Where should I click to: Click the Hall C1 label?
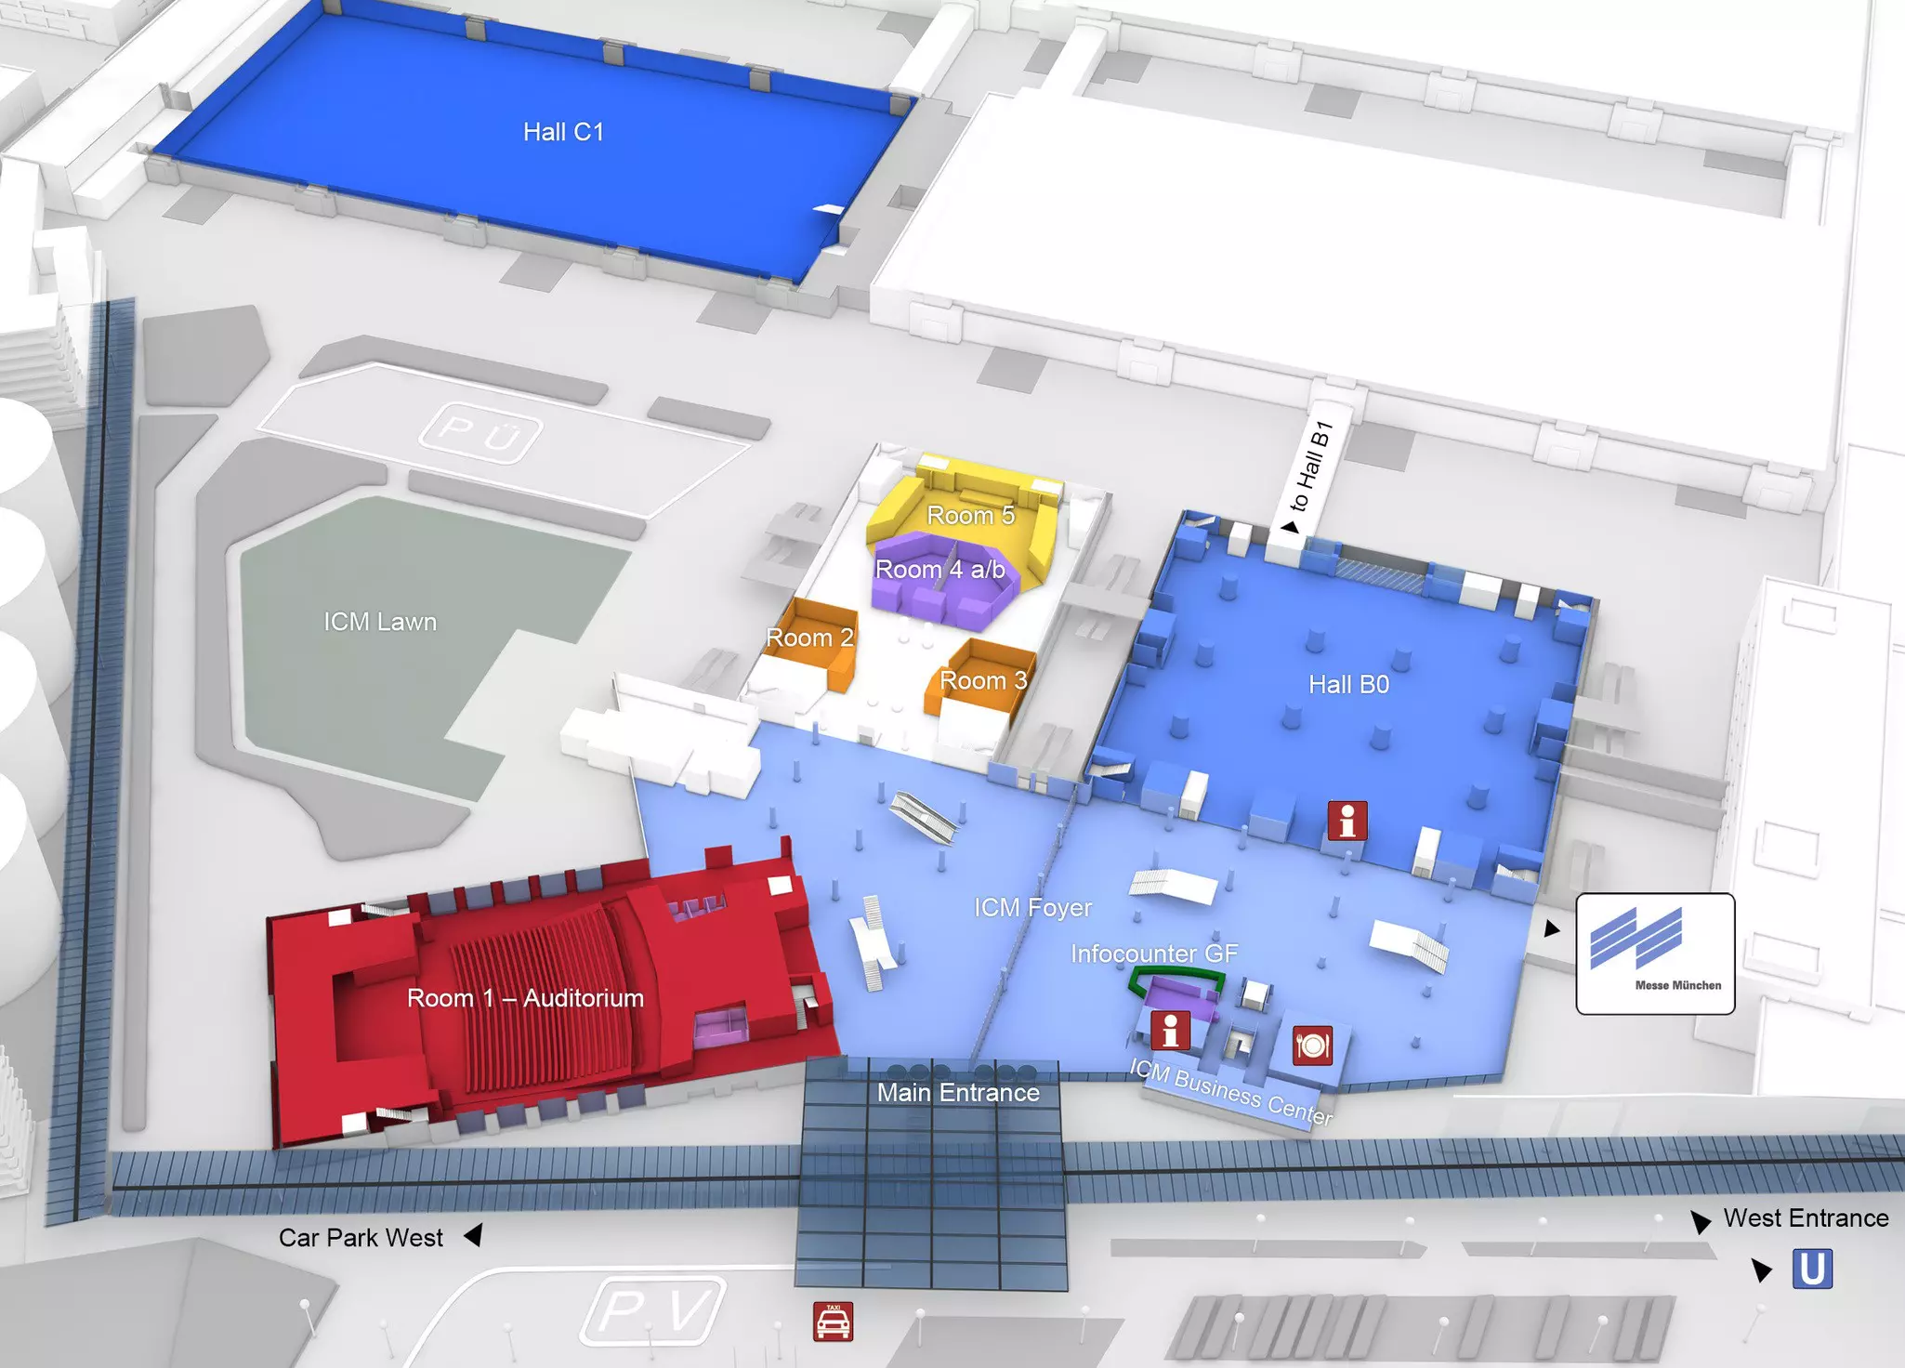(x=563, y=132)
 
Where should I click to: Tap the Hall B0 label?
(x=1348, y=685)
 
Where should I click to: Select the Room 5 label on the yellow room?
(x=970, y=515)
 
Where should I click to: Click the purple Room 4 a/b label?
(x=939, y=570)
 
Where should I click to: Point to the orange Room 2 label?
(x=809, y=638)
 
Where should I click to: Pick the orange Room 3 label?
(x=983, y=680)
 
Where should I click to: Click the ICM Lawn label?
(x=380, y=622)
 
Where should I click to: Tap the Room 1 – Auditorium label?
(x=525, y=998)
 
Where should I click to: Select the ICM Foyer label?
(x=1032, y=907)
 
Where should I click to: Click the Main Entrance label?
(x=958, y=1093)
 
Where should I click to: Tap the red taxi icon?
(x=833, y=1322)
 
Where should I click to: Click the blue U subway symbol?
(x=1812, y=1269)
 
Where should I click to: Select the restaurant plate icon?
(x=1312, y=1046)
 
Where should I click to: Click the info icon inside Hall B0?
(x=1347, y=821)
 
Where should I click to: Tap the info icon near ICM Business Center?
(x=1170, y=1031)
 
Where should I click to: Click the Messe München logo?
(x=1655, y=954)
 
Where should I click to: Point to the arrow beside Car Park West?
(x=473, y=1236)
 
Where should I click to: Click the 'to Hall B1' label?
(x=1311, y=467)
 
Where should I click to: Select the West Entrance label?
(x=1806, y=1218)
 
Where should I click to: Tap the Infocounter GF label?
(x=1154, y=954)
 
